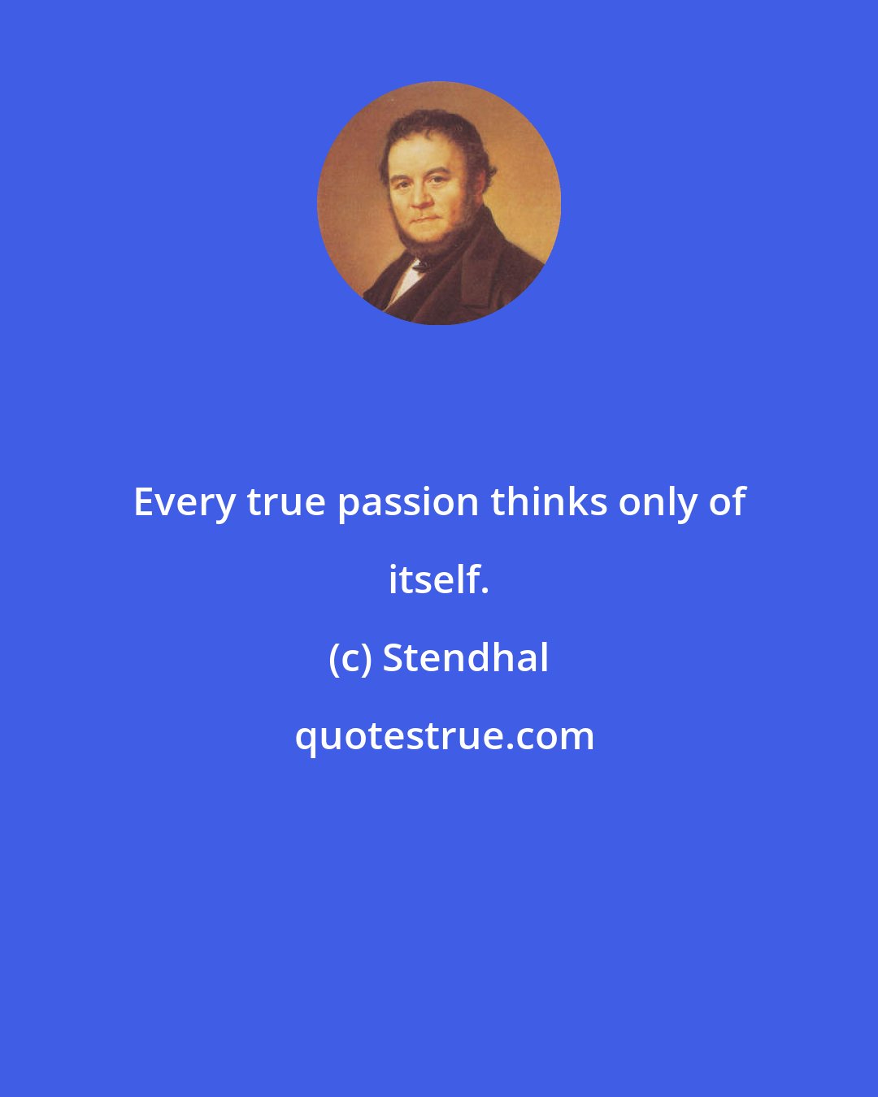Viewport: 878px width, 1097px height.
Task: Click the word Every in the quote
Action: tap(185, 503)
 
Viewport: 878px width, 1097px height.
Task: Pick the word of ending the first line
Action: tap(727, 501)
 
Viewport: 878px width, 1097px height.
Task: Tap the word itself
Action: tap(435, 580)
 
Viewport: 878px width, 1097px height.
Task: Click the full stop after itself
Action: tap(485, 591)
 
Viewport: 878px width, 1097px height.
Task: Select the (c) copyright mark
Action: tap(350, 659)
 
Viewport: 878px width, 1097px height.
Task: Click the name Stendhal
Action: tap(466, 657)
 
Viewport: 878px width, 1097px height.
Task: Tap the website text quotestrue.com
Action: tap(444, 737)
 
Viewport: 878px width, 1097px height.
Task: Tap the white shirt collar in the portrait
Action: tap(406, 280)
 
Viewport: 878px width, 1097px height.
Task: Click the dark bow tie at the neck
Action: tap(420, 265)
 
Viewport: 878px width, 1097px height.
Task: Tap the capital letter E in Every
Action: tap(144, 502)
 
